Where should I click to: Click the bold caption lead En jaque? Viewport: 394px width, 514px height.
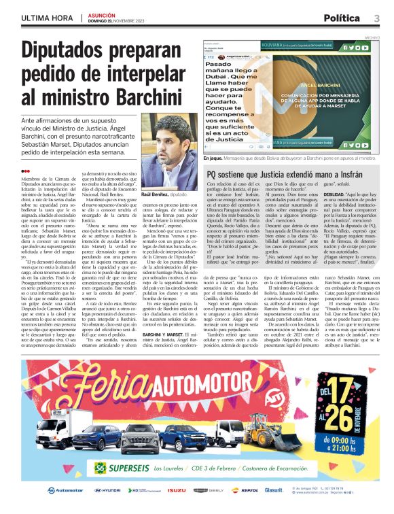pyautogui.click(x=213, y=158)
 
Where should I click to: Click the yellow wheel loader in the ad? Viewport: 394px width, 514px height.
pyautogui.click(x=264, y=424)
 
